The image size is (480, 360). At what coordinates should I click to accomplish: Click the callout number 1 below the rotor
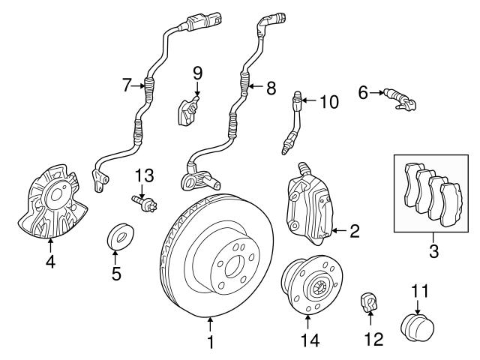click(211, 343)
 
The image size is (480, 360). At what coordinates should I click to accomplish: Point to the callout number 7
click(127, 86)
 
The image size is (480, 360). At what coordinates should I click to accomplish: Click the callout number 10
click(330, 101)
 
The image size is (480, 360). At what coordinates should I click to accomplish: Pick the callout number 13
click(144, 176)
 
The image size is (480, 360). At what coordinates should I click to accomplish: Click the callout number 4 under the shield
click(50, 263)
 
